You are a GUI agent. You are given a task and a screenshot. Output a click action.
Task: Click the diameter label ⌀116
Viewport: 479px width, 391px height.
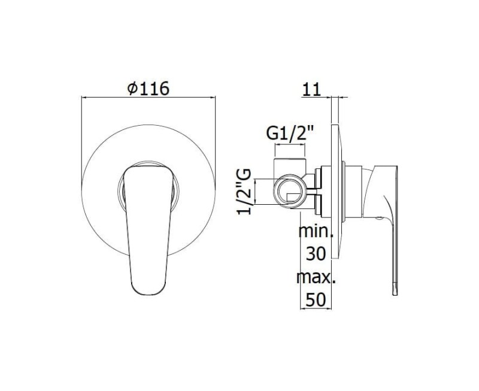pos(148,89)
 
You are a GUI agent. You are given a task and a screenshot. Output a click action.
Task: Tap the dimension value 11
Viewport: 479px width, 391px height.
pos(311,89)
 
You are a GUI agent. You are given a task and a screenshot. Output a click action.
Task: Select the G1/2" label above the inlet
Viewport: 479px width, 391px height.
pos(290,133)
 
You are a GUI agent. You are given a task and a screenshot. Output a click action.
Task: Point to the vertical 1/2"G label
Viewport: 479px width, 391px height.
pos(244,192)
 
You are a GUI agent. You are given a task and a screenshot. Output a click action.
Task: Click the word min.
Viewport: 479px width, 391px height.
pos(316,231)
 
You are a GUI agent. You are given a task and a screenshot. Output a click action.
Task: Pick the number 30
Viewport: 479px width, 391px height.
pos(316,254)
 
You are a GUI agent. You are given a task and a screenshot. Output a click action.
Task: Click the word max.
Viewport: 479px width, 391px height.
pos(316,277)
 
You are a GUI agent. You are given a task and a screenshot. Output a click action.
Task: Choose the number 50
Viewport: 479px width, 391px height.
pos(316,300)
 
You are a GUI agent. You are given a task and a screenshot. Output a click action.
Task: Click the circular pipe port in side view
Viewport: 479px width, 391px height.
pos(290,192)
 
